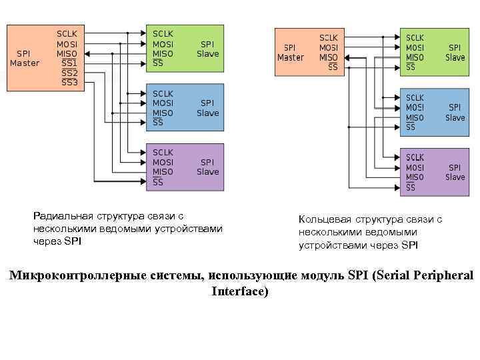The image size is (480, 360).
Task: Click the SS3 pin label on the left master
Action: [69, 83]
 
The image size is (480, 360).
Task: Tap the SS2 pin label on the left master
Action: [69, 73]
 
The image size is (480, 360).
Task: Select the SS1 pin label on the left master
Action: [69, 63]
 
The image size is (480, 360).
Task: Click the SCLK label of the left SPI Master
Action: [67, 33]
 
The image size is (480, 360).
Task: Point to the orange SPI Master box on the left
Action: [27, 58]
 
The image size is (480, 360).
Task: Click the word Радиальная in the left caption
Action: [63, 216]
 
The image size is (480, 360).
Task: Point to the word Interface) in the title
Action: [240, 291]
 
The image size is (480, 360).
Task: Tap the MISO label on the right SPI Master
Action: [328, 57]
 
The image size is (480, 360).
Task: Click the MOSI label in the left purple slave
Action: [163, 162]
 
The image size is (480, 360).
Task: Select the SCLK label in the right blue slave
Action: [415, 98]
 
